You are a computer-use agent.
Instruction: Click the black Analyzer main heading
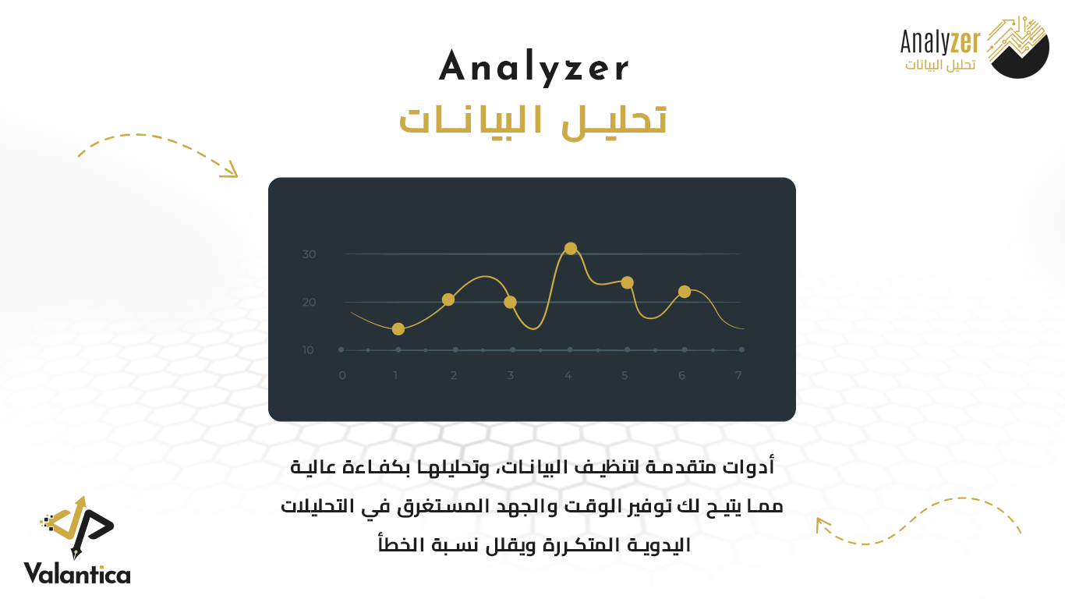(534, 68)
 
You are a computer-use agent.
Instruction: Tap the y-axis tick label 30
(309, 254)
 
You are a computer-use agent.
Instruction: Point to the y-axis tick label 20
(309, 302)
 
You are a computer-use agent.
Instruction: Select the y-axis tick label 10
(308, 350)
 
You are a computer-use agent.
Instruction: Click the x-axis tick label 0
(342, 375)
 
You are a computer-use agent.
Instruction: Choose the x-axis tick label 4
(568, 375)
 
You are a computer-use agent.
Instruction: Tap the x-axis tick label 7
(738, 375)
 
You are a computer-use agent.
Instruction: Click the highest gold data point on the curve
(571, 248)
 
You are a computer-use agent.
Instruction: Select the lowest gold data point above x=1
(398, 329)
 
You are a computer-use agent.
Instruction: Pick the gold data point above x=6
(685, 292)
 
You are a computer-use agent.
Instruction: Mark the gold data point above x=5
(627, 282)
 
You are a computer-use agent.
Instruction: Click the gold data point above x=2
(448, 299)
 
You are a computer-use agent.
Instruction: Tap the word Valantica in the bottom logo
(77, 573)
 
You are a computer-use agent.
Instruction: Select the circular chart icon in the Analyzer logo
(1018, 47)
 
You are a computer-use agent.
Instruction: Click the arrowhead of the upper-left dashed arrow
(230, 170)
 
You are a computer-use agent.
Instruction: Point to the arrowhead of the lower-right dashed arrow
(822, 524)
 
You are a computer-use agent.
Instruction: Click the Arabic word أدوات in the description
(748, 467)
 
